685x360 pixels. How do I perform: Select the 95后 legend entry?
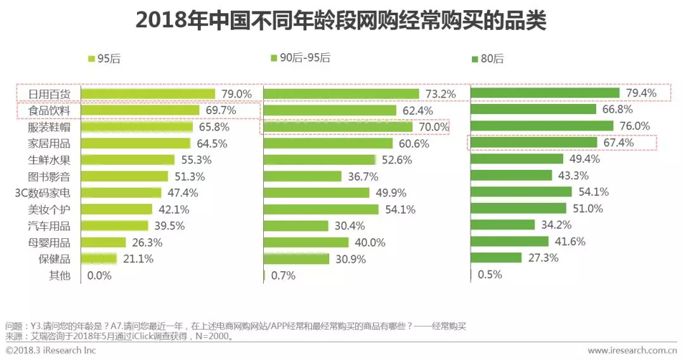click(x=104, y=59)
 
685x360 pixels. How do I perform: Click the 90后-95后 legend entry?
click(x=301, y=58)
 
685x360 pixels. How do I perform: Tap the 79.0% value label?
click(x=237, y=94)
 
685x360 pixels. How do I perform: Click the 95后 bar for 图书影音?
click(x=124, y=176)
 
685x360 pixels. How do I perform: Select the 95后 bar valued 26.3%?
click(x=104, y=242)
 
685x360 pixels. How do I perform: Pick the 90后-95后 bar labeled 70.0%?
click(x=337, y=127)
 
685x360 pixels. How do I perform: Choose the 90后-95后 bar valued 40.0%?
click(x=306, y=242)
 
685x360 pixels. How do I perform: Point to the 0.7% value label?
click(x=283, y=276)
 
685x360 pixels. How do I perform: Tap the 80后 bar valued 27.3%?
click(x=496, y=258)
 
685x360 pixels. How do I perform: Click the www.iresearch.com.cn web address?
click(x=632, y=350)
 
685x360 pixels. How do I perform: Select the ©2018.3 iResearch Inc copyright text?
click(x=51, y=350)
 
